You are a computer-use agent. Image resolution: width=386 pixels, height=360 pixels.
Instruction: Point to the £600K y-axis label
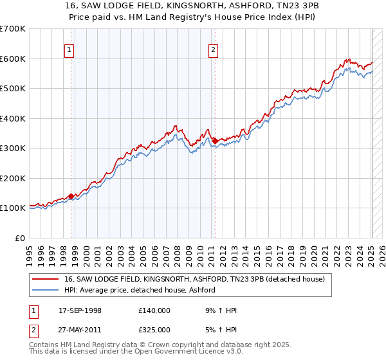13,59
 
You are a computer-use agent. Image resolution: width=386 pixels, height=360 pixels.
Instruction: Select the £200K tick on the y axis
13,178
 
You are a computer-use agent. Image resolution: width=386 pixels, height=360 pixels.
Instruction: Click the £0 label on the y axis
21,238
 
